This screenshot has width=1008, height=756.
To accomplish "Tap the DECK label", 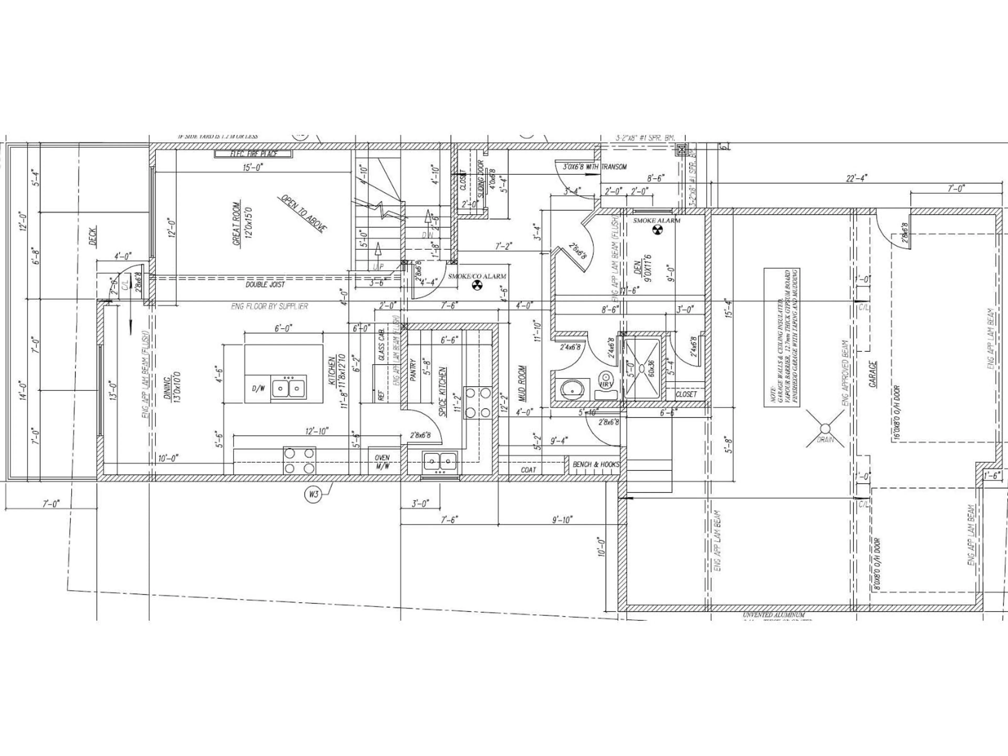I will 93,237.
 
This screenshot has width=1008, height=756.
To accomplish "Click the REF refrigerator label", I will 381,394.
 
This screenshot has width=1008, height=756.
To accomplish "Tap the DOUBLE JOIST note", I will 265,284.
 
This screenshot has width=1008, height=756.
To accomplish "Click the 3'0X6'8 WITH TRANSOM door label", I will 595,167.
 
